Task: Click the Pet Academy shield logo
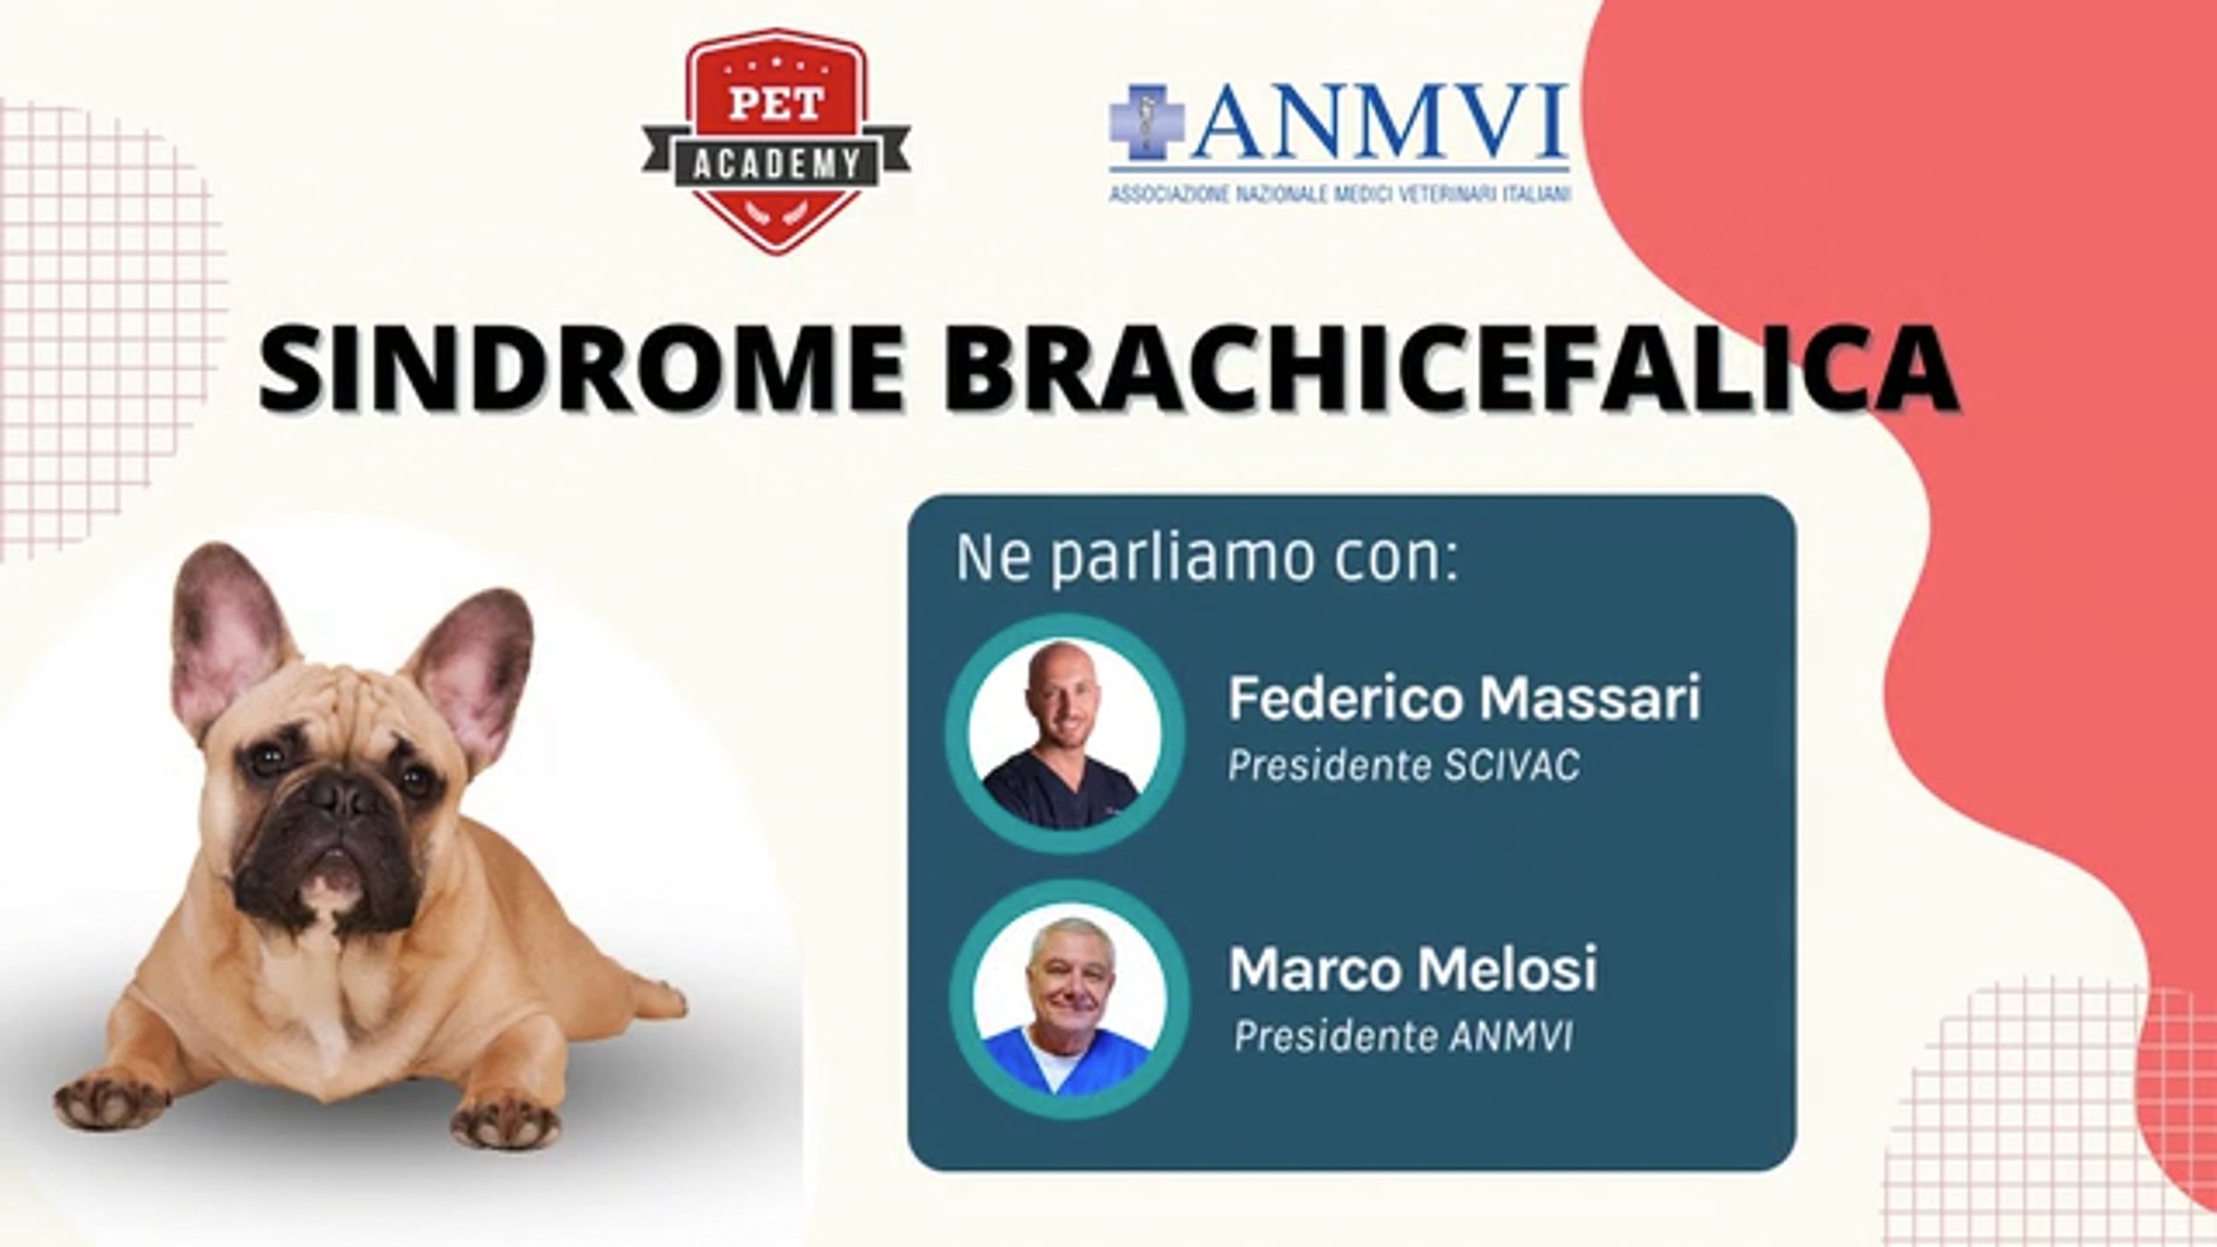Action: pyautogui.click(x=776, y=141)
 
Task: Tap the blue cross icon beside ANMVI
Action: pyautogui.click(x=1146, y=123)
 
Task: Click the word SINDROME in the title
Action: pyautogui.click(x=581, y=368)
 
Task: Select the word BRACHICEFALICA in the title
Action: pyautogui.click(x=1449, y=368)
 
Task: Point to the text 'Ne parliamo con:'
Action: pyautogui.click(x=1207, y=559)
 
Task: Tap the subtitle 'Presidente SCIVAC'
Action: pyautogui.click(x=1404, y=766)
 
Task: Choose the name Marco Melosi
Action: pyautogui.click(x=1412, y=968)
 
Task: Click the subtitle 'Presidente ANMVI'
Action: pyautogui.click(x=1404, y=1036)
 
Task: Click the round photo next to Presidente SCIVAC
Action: pyautogui.click(x=1064, y=733)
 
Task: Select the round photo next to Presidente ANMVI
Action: pyautogui.click(x=1069, y=999)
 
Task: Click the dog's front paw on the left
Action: pyautogui.click(x=111, y=1098)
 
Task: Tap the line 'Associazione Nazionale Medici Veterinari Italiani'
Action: pyautogui.click(x=1339, y=194)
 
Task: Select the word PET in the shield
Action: pyautogui.click(x=776, y=103)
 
